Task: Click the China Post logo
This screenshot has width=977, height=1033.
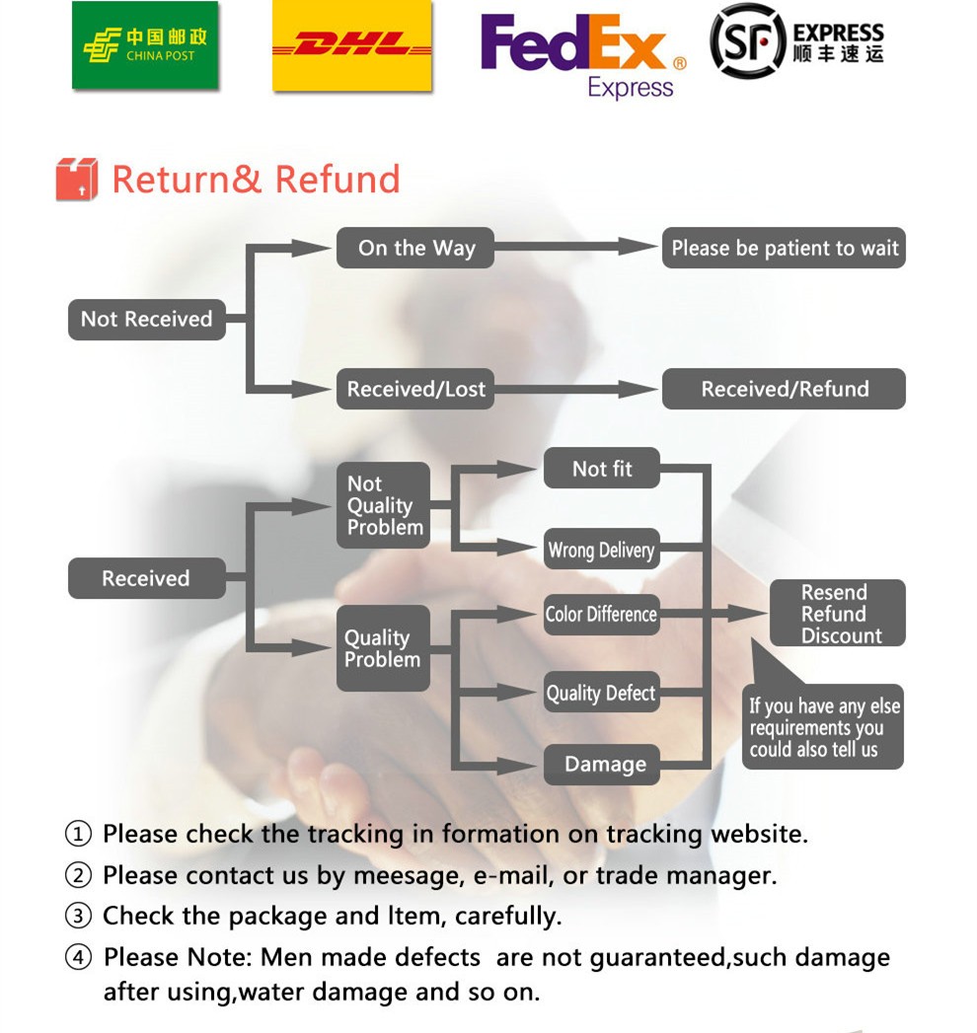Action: [x=145, y=46]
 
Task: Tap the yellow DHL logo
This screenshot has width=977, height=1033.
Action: [x=352, y=46]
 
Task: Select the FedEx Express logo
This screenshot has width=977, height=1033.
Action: [x=583, y=53]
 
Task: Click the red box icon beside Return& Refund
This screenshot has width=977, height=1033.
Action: [x=77, y=180]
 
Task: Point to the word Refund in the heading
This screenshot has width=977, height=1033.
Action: [x=338, y=180]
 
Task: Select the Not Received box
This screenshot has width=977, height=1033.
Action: [x=146, y=320]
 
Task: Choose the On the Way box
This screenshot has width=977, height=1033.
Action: [x=415, y=249]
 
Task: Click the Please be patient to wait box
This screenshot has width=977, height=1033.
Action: [x=784, y=249]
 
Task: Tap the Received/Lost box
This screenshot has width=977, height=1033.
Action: [x=415, y=389]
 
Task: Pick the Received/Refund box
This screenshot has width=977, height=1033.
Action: [x=784, y=389]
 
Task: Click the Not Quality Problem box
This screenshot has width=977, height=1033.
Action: [x=384, y=506]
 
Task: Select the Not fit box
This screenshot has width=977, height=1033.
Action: [x=602, y=469]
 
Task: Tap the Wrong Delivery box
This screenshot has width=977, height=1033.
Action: [x=601, y=551]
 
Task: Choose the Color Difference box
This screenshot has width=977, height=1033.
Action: [x=601, y=615]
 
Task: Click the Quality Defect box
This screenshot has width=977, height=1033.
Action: [x=601, y=694]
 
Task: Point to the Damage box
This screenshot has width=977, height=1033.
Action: [x=603, y=765]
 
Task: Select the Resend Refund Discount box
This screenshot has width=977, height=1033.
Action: [x=837, y=614]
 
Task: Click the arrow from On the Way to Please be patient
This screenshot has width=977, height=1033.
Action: [x=577, y=247]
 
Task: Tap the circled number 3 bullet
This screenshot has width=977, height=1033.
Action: [x=78, y=917]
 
